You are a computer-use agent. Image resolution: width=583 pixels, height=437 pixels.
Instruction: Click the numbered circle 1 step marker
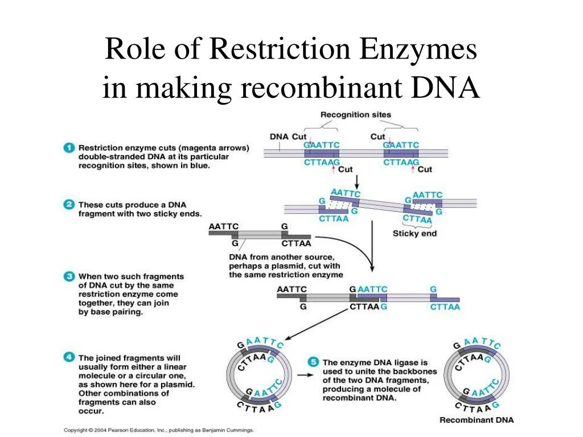tap(69, 147)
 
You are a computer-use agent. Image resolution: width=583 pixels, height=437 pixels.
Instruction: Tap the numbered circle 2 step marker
tap(69, 204)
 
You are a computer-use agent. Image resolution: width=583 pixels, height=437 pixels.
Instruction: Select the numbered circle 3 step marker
tap(69, 277)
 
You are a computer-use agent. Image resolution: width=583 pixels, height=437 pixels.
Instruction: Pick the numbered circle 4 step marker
tap(69, 358)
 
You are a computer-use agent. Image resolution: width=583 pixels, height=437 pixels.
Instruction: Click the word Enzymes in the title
tap(419, 50)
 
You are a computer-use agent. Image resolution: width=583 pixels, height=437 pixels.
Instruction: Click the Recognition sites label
tap(356, 115)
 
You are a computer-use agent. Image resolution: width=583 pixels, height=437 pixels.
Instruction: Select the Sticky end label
tap(414, 233)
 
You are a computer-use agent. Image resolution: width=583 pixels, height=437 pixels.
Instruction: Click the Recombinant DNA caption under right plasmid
tap(476, 420)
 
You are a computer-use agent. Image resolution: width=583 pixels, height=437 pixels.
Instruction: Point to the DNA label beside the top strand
tap(279, 137)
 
